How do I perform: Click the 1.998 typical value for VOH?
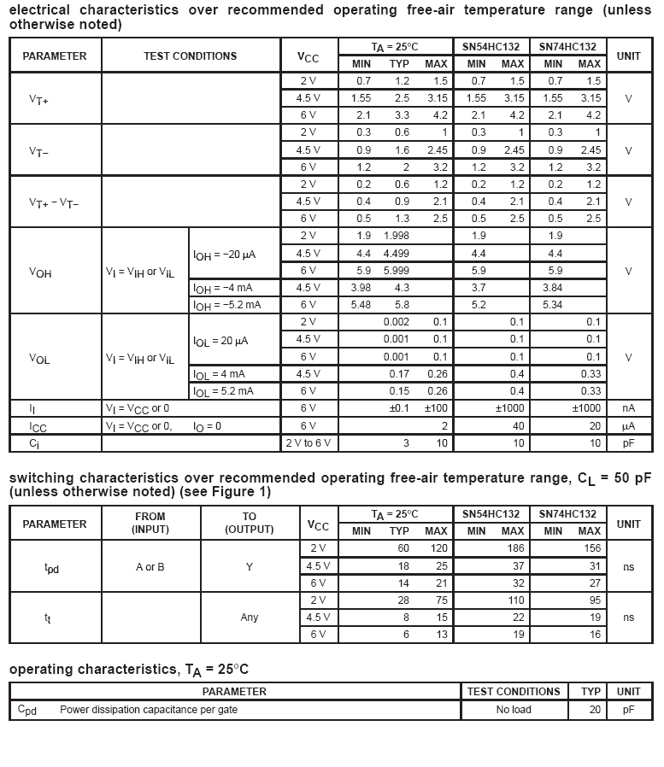tap(396, 236)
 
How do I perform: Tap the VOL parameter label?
tap(40, 359)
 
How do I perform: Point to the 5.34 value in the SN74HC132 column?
tap(553, 305)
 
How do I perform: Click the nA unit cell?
tap(628, 408)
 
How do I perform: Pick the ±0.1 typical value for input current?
tap(399, 408)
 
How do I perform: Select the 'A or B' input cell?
tap(150, 566)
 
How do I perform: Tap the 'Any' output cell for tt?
tap(250, 618)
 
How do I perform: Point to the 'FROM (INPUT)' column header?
tap(150, 523)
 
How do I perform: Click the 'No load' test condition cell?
tap(514, 710)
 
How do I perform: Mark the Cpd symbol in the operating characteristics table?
tap(27, 710)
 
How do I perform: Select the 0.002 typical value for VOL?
tap(396, 322)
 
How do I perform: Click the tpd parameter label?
tap(51, 567)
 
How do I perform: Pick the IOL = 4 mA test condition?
tap(223, 374)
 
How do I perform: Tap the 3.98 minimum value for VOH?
tap(361, 288)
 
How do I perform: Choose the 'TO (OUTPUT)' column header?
tap(250, 523)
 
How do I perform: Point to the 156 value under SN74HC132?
tap(591, 548)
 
